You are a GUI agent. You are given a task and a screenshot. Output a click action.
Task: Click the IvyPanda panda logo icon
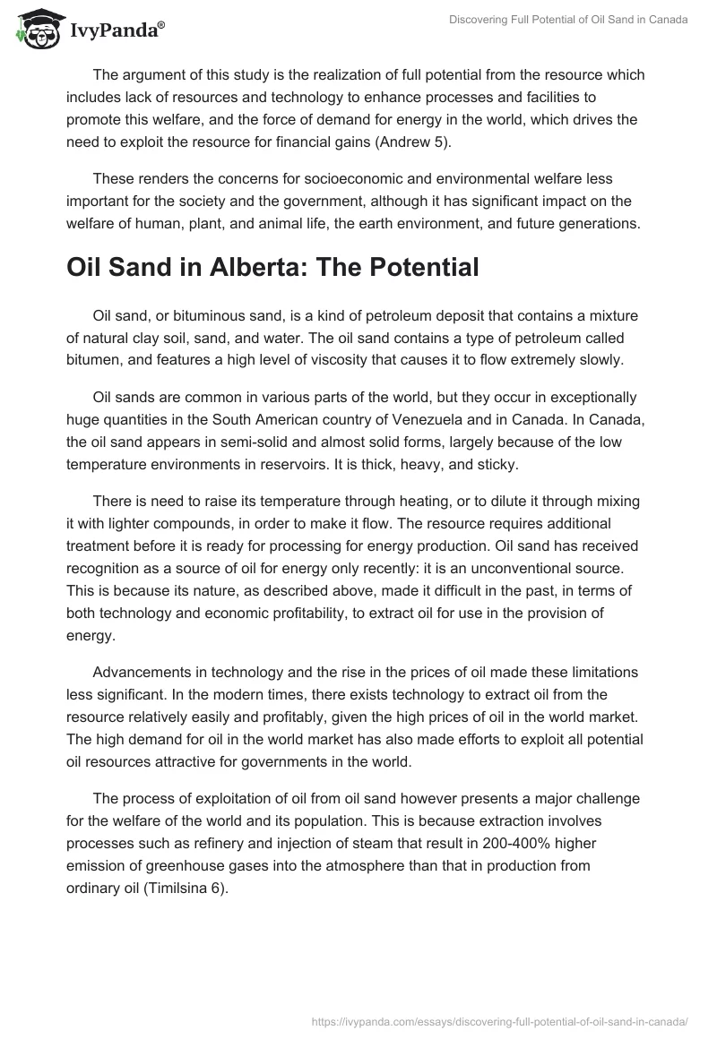coord(35,29)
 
